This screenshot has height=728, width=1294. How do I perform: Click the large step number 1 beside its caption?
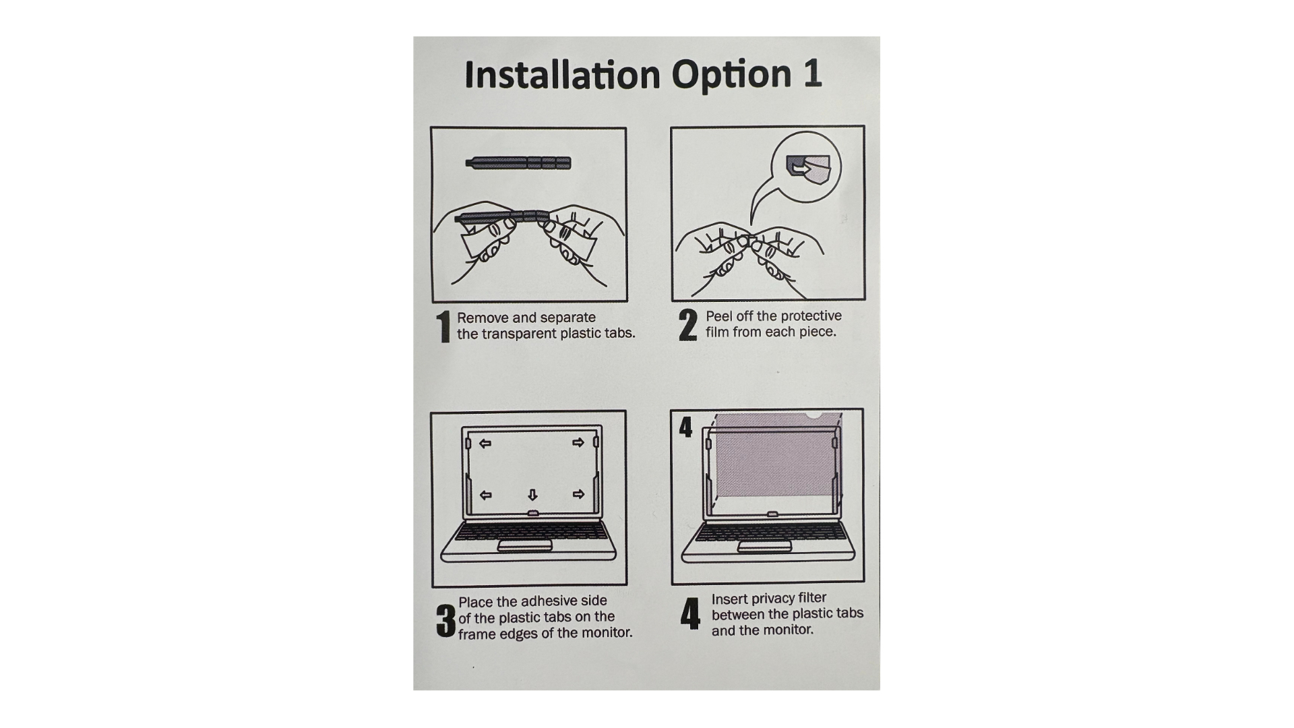coord(443,327)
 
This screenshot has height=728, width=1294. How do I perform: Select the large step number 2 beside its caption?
coord(687,325)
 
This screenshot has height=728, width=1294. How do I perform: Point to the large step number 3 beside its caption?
coord(445,620)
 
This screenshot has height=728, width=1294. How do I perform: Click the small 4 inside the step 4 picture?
coord(685,427)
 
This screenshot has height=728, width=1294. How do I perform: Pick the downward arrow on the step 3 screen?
coord(532,495)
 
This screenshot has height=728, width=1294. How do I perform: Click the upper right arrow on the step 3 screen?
coord(578,443)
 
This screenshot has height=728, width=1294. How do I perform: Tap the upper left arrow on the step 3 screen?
coord(485,444)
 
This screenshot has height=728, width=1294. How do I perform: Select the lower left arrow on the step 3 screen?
coord(485,495)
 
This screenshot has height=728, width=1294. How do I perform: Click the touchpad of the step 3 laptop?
coord(525,545)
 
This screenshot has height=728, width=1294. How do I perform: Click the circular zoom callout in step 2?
coord(806,164)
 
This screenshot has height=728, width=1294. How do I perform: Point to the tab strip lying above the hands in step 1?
coord(518,162)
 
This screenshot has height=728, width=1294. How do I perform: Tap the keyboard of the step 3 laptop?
coord(528,531)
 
